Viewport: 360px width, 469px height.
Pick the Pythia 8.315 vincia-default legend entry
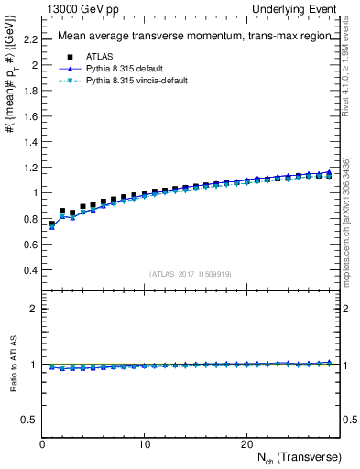[x=124, y=81]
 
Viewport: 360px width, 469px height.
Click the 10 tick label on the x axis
[x=145, y=443]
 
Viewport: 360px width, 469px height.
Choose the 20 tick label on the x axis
[x=246, y=443]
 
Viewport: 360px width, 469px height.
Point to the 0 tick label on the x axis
[x=42, y=443]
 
